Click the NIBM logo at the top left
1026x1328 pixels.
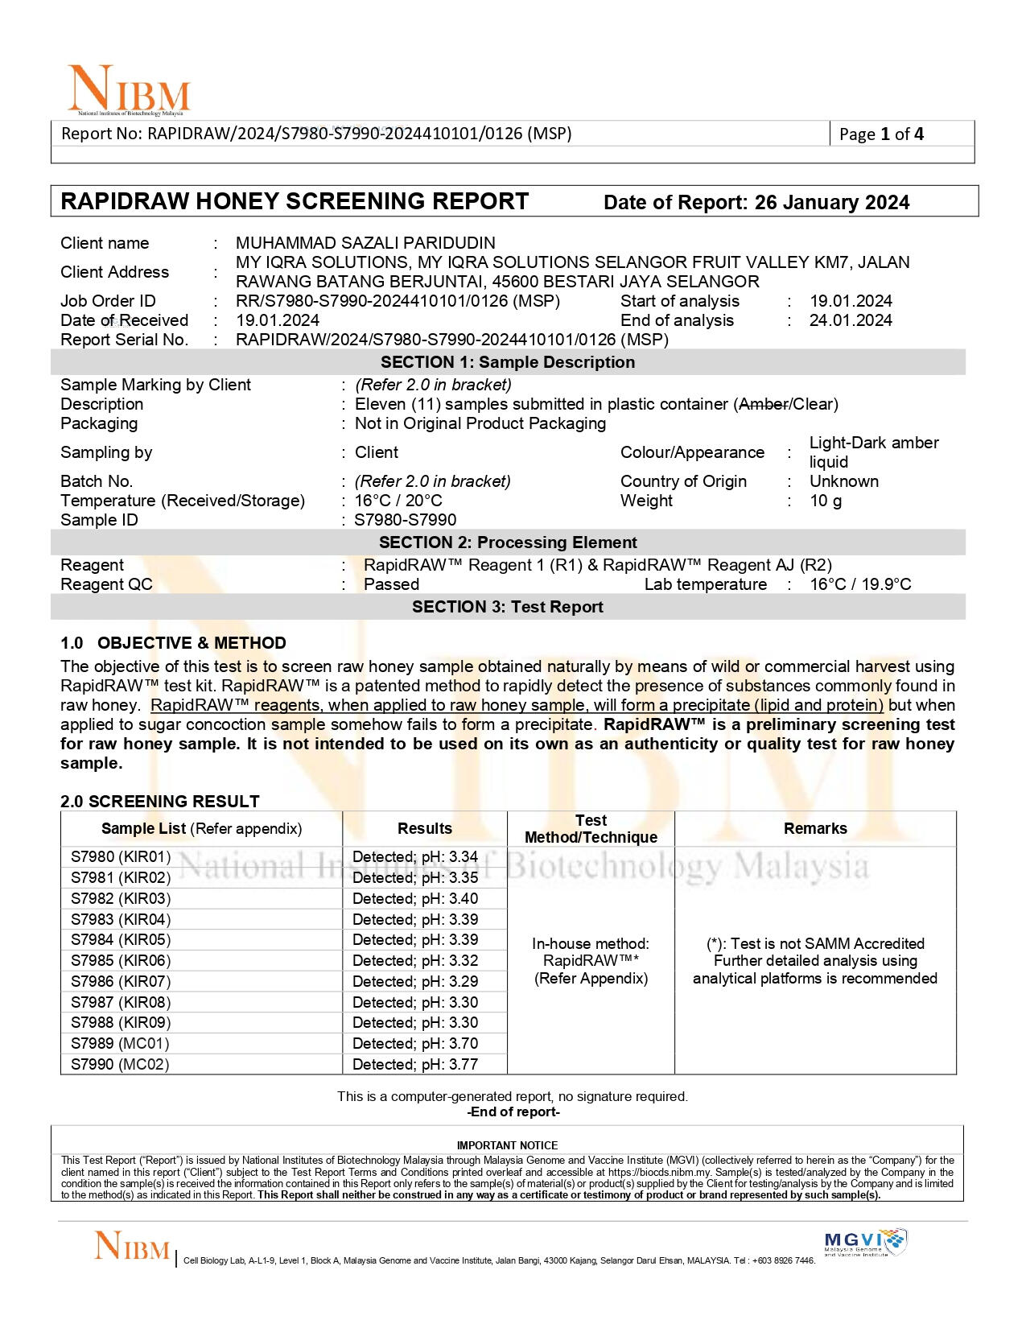129,89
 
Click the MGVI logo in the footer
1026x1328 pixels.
865,1242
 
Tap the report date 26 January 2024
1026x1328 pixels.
832,203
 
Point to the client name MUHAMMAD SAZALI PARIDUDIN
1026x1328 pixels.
365,243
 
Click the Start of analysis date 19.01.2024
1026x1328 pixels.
851,301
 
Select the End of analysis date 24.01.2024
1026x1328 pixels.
851,320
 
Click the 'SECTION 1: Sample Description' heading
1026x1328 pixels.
508,362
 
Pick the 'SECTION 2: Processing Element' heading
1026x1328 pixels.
508,542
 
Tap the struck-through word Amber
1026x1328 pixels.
763,404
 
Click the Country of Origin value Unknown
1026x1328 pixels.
843,481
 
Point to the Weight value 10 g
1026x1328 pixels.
826,501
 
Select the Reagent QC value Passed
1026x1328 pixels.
391,584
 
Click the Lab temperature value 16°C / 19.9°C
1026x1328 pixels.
860,584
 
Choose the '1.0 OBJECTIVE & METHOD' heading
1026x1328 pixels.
173,643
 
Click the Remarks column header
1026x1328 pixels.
815,829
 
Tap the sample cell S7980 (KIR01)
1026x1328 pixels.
121,857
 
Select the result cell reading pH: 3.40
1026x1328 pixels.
415,899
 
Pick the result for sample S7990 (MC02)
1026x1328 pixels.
415,1065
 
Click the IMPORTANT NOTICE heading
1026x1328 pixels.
507,1145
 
